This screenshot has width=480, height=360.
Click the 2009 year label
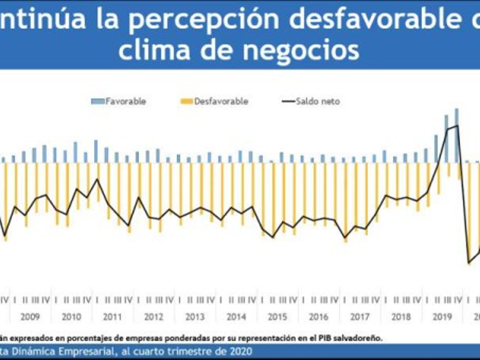click(x=30, y=317)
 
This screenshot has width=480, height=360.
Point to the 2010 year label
click(x=72, y=317)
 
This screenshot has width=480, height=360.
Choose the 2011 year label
click(x=112, y=317)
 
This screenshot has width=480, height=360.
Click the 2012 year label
click(x=154, y=317)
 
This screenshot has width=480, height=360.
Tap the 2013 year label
click(x=195, y=317)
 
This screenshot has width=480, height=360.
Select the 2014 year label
click(x=236, y=317)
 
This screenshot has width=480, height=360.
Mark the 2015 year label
click(x=277, y=317)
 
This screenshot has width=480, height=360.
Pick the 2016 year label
click(x=318, y=317)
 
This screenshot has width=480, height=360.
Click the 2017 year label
click(x=360, y=317)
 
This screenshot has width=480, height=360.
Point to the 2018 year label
click(x=401, y=317)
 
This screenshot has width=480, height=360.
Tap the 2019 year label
click(x=442, y=317)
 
